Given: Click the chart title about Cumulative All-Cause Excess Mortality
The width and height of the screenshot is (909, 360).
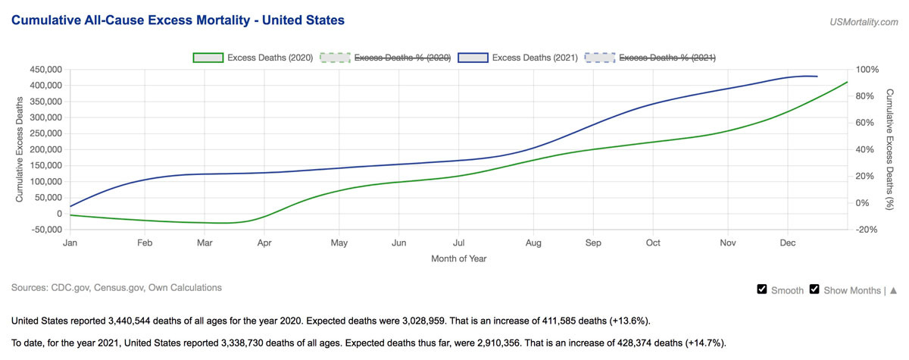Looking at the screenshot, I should click(x=178, y=20).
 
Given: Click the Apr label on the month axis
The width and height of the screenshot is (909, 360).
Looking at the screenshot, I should click(x=264, y=243).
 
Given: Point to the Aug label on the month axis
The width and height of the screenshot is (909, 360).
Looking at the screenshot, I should click(x=533, y=243).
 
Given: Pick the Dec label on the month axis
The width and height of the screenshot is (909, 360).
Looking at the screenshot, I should click(x=787, y=243).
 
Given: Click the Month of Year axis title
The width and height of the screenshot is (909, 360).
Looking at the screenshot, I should click(x=459, y=258).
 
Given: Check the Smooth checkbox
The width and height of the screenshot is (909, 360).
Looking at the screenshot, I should click(x=762, y=290).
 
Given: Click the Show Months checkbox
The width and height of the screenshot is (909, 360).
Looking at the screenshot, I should click(x=814, y=290).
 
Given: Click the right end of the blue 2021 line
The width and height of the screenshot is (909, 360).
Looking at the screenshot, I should click(x=817, y=77).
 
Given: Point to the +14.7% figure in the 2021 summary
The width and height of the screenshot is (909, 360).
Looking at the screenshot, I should click(x=701, y=343).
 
